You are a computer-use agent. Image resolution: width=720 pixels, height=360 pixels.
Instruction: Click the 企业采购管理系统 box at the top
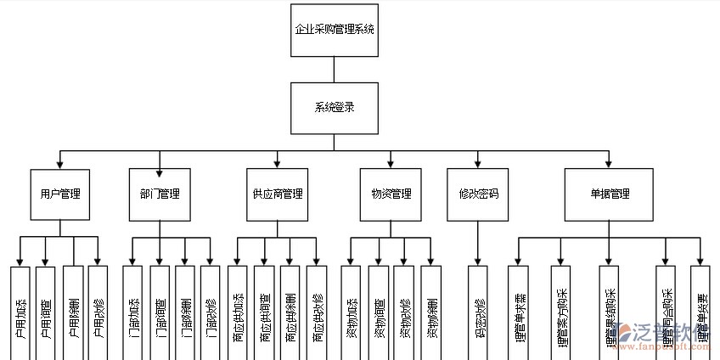click(334, 29)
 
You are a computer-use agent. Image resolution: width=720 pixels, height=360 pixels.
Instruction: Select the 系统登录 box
click(334, 108)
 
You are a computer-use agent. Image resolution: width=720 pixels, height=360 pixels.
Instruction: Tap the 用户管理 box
click(60, 194)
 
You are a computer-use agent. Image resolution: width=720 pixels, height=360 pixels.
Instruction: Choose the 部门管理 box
click(160, 194)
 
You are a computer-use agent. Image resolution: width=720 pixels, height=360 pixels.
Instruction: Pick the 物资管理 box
click(391, 194)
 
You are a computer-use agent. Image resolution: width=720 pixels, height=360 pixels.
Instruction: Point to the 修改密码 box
click(477, 194)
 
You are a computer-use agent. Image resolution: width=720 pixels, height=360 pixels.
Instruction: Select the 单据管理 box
click(610, 194)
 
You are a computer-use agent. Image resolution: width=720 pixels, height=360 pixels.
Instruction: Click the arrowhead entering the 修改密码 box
click(478, 164)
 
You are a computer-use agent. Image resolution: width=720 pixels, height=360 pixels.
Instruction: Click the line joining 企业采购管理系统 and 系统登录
click(334, 70)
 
